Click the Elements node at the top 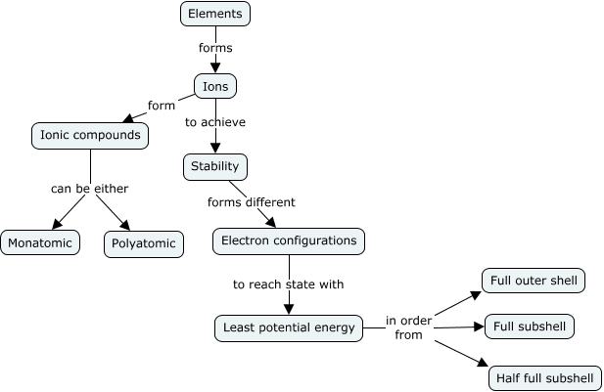(x=215, y=14)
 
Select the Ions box (x=215, y=86)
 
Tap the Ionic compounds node (x=89, y=135)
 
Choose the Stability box (x=215, y=167)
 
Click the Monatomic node (x=40, y=242)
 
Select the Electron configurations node (x=289, y=240)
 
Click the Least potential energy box (x=288, y=327)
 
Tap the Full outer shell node (x=532, y=281)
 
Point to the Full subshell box (x=534, y=326)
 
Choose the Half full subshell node (x=545, y=377)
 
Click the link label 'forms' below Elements (x=215, y=47)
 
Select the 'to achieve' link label (x=215, y=122)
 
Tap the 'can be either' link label (x=90, y=188)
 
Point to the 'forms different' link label (x=252, y=203)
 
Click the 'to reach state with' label (x=289, y=284)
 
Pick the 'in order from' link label (x=409, y=327)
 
